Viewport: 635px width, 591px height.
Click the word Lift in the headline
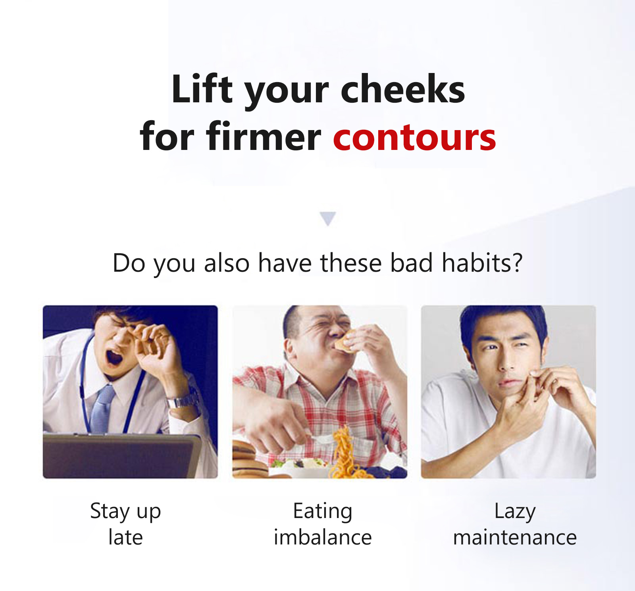[202, 89]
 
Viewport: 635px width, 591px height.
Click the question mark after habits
[518, 263]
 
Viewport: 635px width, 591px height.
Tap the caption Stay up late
[125, 524]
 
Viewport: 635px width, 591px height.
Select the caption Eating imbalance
[323, 524]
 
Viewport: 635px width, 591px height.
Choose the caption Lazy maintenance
[515, 524]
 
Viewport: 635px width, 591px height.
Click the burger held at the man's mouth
[344, 342]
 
